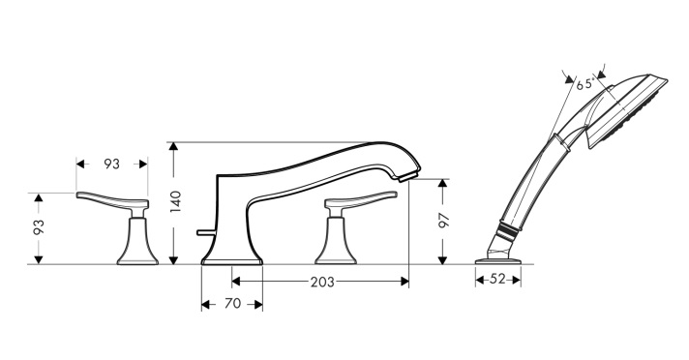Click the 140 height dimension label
[176, 201]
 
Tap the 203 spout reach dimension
[322, 282]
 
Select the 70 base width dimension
[233, 304]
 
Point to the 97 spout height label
[444, 221]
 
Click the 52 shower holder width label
[497, 279]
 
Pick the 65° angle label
[585, 84]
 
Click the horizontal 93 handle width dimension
[111, 164]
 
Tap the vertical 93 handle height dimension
[39, 227]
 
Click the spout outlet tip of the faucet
[406, 178]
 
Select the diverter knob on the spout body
[205, 232]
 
